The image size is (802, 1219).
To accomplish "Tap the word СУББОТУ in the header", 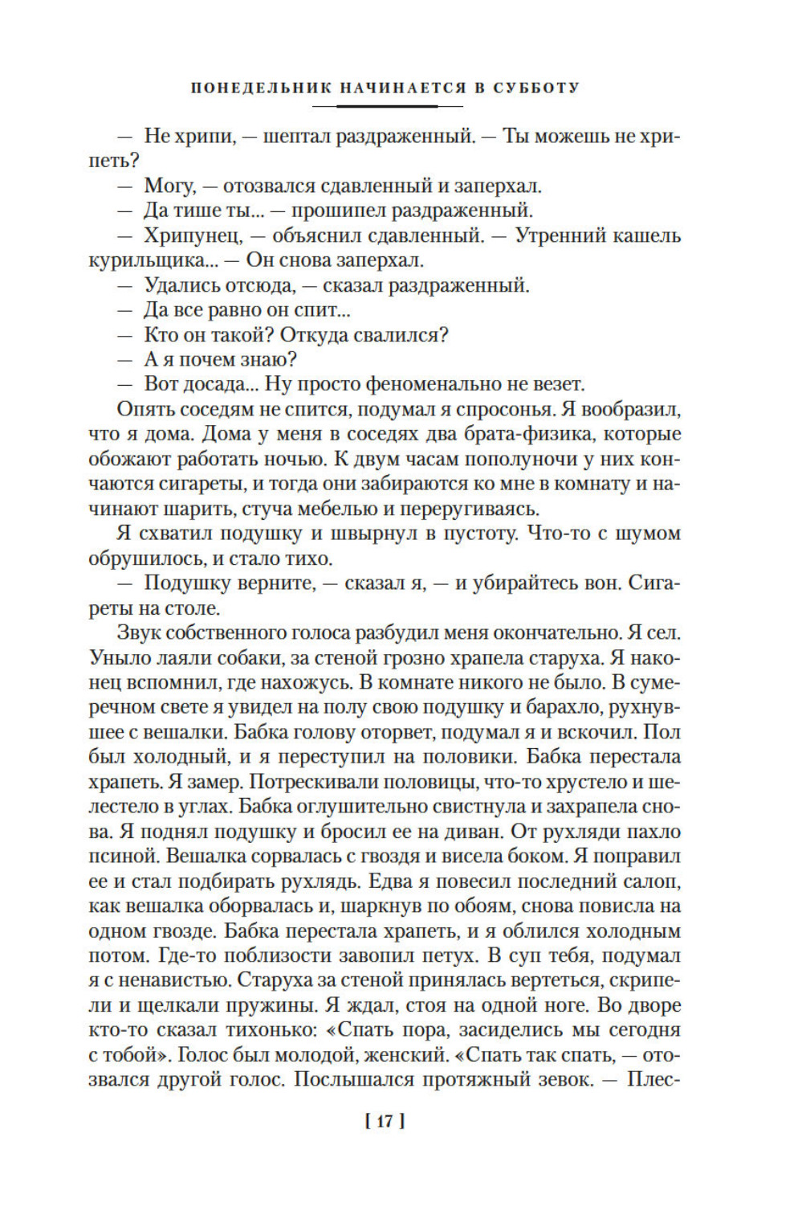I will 535,88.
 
